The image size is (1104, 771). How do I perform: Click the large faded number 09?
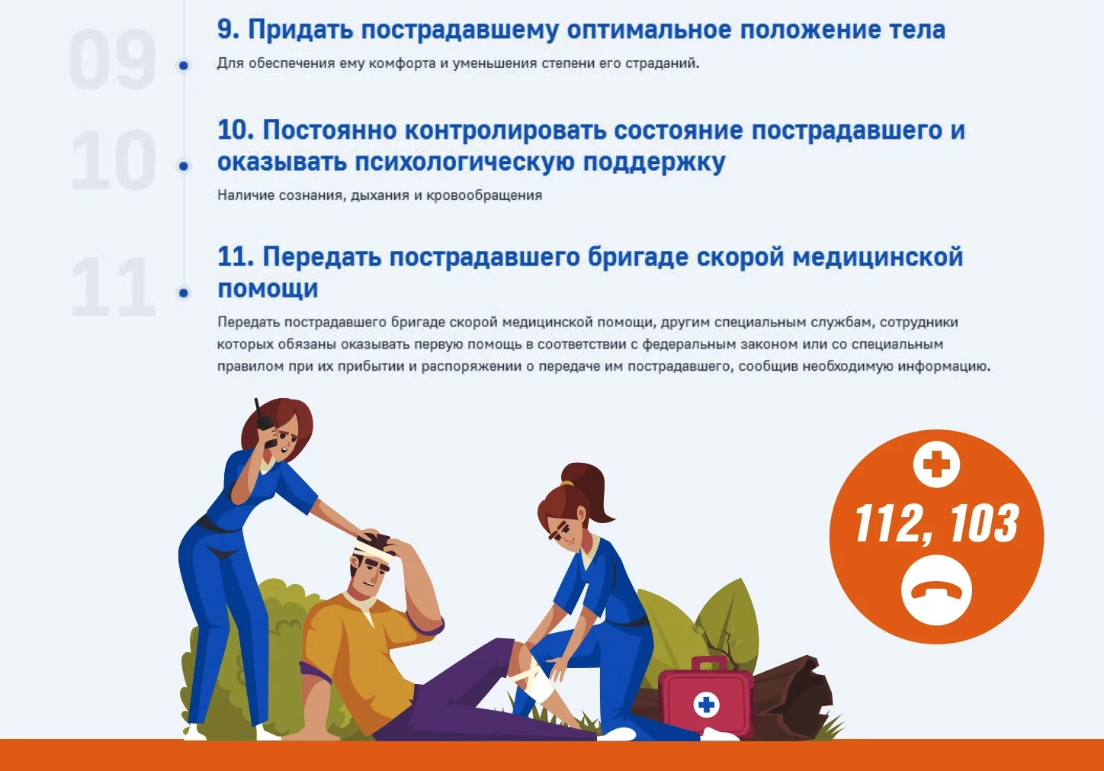[112, 60]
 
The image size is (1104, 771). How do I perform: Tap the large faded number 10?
[114, 160]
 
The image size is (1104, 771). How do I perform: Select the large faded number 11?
[114, 288]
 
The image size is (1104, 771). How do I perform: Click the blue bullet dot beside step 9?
[183, 66]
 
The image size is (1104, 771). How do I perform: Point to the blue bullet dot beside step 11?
[183, 293]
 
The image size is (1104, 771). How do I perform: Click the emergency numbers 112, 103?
[936, 524]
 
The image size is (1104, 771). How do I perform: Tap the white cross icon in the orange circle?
[936, 464]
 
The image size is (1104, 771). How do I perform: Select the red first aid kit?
[704, 698]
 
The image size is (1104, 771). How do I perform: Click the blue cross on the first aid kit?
[707, 705]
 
